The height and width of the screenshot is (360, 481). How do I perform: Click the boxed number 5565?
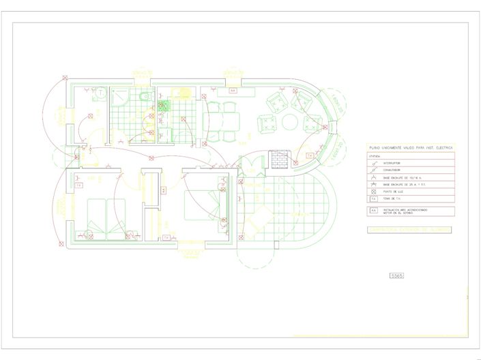[x=396, y=275]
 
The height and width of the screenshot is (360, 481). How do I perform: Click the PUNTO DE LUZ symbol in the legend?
[x=373, y=192]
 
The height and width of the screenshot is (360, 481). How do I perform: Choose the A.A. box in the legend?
[x=373, y=211]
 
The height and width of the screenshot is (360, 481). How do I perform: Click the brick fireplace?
[x=278, y=159]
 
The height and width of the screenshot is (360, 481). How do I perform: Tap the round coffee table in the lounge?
[x=291, y=122]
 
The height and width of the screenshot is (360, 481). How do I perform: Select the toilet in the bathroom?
[x=141, y=100]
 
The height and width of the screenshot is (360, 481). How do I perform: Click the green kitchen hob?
[x=164, y=106]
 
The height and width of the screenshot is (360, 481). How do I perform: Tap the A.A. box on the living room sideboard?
[x=233, y=91]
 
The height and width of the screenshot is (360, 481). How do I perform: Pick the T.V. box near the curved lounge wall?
[x=309, y=156]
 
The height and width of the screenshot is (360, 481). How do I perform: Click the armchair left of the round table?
[x=267, y=123]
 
